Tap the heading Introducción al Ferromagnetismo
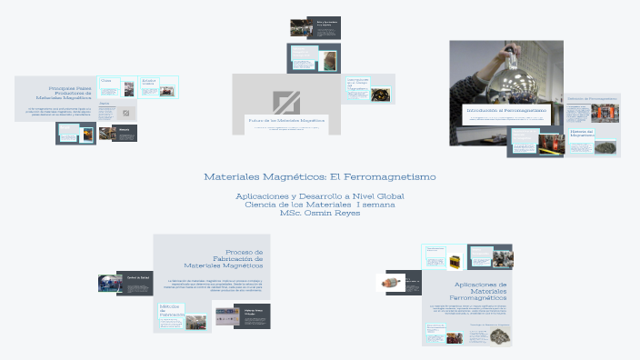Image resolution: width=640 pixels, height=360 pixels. [x=506, y=110]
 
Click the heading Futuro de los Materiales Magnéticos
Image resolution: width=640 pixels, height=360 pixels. [x=286, y=120]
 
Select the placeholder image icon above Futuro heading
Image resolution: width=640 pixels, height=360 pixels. [x=286, y=102]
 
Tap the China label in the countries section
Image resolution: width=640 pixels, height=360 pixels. [x=105, y=81]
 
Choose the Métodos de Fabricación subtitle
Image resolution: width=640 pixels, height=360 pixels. [x=171, y=311]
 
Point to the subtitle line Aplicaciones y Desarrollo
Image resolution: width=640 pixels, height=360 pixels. [x=319, y=196]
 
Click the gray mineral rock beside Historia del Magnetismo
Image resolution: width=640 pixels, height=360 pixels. [x=608, y=145]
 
